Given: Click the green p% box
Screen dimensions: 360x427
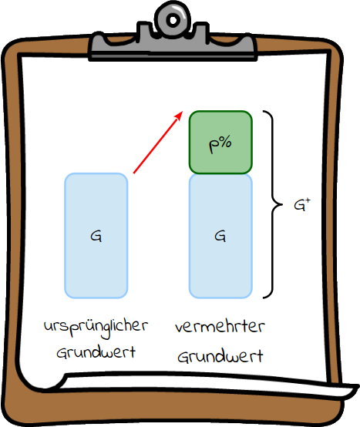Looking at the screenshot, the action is [x=220, y=142].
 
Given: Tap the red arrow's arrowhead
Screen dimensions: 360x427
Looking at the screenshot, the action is [x=180, y=115].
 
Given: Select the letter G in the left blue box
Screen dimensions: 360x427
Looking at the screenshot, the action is [x=96, y=236].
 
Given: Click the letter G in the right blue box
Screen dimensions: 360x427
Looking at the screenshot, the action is [x=220, y=236].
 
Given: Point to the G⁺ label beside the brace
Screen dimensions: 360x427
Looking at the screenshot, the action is [x=302, y=205].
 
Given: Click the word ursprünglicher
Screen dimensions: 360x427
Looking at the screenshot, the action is [x=96, y=328].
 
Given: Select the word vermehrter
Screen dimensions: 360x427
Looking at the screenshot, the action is [x=220, y=327].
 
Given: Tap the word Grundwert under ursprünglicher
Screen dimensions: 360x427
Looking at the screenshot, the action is [x=96, y=352].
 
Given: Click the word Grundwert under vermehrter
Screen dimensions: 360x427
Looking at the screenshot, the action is [x=220, y=356].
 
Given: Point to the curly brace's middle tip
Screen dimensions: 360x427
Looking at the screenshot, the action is [x=282, y=204].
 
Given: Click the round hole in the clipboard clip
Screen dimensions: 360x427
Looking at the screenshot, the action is [x=173, y=20].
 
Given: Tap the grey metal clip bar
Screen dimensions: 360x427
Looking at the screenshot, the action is [x=173, y=44].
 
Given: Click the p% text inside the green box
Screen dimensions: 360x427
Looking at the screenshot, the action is [x=220, y=144].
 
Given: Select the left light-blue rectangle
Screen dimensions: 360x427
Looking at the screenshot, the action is [x=96, y=236].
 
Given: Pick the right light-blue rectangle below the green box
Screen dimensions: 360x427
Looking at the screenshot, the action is [x=220, y=236].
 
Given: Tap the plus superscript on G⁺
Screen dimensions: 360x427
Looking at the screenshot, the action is [x=308, y=200].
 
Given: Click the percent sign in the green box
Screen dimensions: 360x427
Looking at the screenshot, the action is [x=225, y=142].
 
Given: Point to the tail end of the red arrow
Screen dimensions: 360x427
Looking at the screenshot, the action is [x=133, y=173].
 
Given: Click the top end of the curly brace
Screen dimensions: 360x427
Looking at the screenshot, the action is [x=264, y=111].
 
